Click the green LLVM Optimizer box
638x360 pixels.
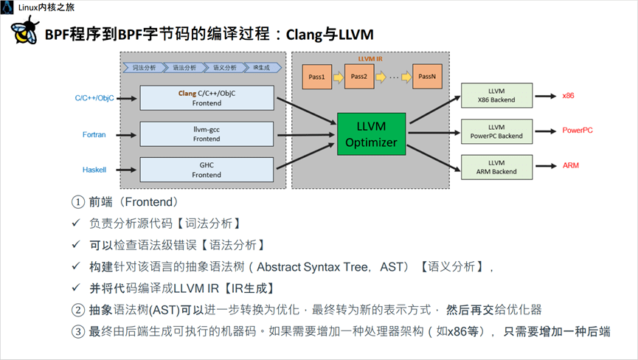(372, 134)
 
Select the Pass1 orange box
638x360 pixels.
(317, 76)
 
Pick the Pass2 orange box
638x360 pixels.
(359, 76)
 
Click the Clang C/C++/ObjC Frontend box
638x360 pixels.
(207, 99)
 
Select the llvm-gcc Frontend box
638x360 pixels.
(207, 134)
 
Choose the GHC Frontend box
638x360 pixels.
(207, 170)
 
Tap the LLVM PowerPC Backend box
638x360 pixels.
(496, 131)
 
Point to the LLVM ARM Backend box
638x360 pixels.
(496, 167)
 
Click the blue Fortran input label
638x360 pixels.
(94, 134)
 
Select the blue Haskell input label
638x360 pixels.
(94, 170)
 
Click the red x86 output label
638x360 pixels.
(568, 97)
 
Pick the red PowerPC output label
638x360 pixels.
(578, 131)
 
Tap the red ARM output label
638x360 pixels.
(570, 165)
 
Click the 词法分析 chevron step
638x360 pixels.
(142, 67)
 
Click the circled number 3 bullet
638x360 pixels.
(78, 331)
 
